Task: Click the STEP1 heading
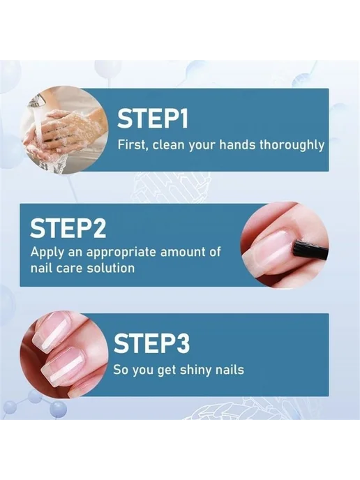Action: point(153,119)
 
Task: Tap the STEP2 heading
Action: point(68,227)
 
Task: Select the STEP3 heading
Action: point(152,343)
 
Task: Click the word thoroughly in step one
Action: point(292,145)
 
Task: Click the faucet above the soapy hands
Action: point(37,100)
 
